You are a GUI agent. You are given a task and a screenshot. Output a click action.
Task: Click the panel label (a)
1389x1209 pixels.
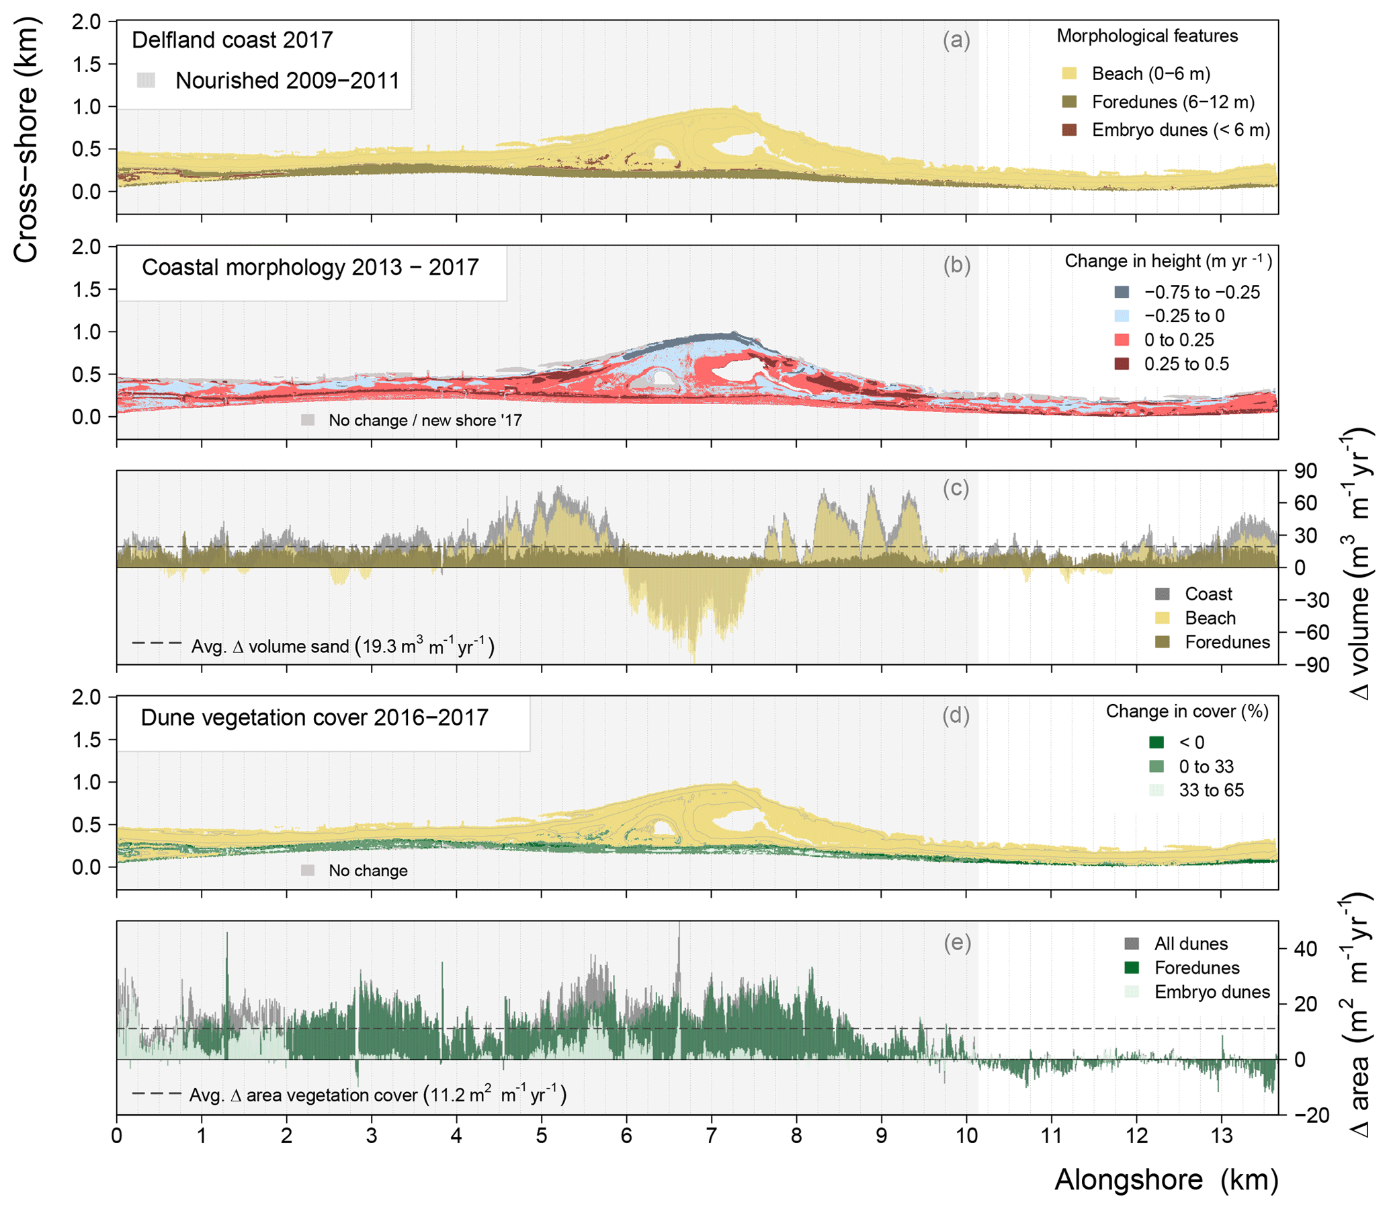click(x=956, y=40)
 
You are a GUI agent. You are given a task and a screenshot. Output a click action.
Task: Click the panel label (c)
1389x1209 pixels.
click(x=956, y=488)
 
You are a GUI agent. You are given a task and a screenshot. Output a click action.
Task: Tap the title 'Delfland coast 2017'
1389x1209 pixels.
click(x=232, y=40)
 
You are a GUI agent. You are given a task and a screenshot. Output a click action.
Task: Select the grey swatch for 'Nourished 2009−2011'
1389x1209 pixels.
click(x=146, y=80)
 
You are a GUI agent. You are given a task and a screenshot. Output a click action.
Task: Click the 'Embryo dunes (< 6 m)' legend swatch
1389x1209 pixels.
click(x=1069, y=130)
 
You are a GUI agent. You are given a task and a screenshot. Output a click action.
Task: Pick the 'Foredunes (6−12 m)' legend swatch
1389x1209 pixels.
click(x=1069, y=102)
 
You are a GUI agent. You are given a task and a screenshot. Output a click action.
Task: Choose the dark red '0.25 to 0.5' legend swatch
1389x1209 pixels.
click(x=1122, y=364)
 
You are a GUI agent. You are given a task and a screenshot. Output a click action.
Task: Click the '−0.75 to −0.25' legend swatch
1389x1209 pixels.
click(x=1122, y=292)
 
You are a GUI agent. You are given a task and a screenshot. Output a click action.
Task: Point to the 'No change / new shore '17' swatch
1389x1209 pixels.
click(x=308, y=420)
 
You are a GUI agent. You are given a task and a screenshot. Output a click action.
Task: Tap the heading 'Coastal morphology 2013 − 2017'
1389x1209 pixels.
click(x=310, y=267)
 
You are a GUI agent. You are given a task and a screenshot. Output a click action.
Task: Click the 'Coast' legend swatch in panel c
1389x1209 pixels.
click(x=1163, y=594)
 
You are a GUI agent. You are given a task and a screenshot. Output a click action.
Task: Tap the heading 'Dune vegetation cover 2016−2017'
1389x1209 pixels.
click(x=314, y=717)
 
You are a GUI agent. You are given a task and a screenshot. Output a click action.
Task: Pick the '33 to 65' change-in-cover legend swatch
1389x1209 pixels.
click(x=1156, y=790)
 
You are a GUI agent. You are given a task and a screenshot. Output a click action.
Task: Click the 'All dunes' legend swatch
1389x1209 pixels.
click(x=1132, y=943)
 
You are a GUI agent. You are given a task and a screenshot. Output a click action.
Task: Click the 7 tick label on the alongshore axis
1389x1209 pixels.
click(x=712, y=1136)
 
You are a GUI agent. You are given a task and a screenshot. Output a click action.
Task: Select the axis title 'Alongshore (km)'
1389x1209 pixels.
click(x=1166, y=1180)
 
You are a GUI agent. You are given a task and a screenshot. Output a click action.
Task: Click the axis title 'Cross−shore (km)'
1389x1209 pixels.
click(x=27, y=141)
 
